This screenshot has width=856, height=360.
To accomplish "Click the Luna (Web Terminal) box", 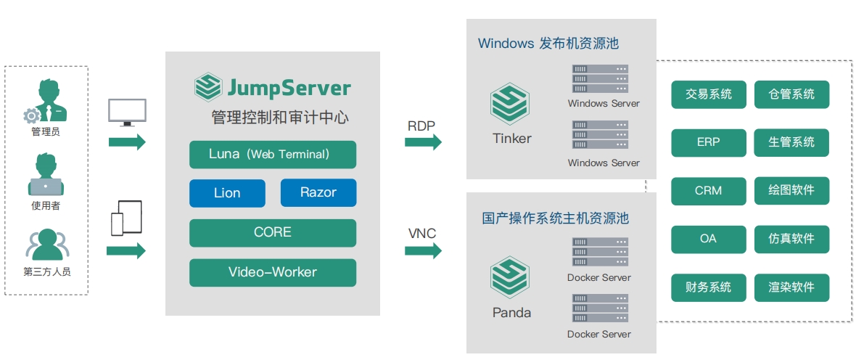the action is click(x=273, y=155).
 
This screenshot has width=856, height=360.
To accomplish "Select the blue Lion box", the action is click(x=227, y=193).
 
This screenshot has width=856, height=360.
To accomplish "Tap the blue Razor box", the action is click(x=318, y=193).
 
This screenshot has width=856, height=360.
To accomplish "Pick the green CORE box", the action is click(x=273, y=233).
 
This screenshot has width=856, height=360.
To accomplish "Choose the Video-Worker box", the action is click(x=273, y=273).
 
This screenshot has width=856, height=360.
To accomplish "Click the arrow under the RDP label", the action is click(x=423, y=142).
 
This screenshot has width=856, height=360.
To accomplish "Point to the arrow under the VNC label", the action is click(x=423, y=250).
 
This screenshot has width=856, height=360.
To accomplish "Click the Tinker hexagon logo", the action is click(x=509, y=104).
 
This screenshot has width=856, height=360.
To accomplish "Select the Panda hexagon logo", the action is click(x=509, y=277).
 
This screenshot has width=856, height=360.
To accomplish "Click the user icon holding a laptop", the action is click(x=46, y=174).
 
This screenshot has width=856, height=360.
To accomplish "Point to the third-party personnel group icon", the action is click(x=47, y=244).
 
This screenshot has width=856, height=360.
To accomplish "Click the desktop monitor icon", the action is click(x=127, y=112).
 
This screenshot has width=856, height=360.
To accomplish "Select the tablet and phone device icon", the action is click(x=126, y=218).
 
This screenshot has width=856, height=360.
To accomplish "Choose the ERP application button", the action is click(x=709, y=142).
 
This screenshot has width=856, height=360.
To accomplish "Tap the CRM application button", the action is click(x=709, y=191).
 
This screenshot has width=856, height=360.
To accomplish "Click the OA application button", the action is click(x=709, y=240).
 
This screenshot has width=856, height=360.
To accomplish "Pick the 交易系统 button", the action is click(x=709, y=94).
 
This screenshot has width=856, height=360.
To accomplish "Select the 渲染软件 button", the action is click(x=791, y=287).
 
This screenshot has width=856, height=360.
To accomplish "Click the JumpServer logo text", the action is click(x=289, y=88).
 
